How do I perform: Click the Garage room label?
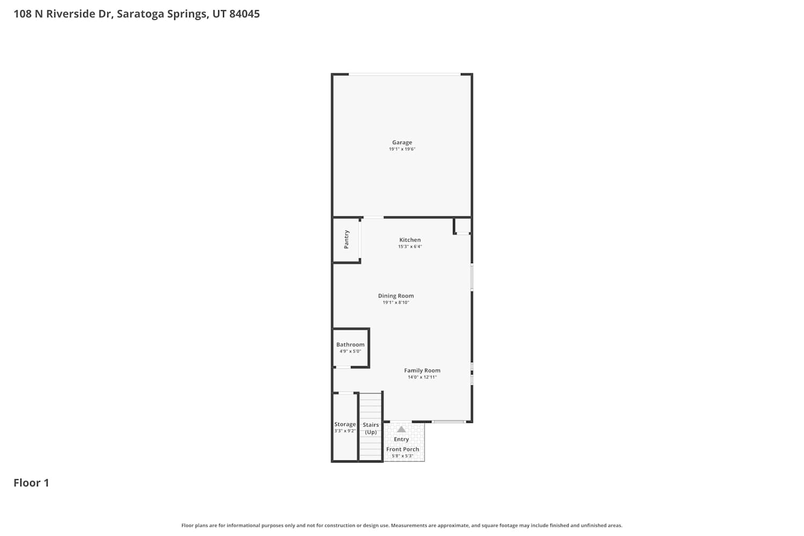[x=402, y=143]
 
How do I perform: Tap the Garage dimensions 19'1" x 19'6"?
[x=402, y=149]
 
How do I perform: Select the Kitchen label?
[x=410, y=240]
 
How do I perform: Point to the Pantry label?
[x=346, y=240]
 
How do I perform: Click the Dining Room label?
[x=396, y=296]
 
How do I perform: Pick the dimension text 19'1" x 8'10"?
[x=396, y=302]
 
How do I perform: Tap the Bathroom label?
[x=351, y=345]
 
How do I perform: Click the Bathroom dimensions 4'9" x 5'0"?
[x=351, y=351]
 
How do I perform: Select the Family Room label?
[x=422, y=370]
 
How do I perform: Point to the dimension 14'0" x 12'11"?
[x=422, y=377]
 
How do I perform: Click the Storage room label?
[x=345, y=425]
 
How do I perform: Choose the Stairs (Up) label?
[x=371, y=428]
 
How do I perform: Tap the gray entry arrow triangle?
[x=401, y=429]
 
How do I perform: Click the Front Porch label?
[x=403, y=449]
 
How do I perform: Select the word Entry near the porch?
[x=401, y=440]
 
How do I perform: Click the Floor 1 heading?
[x=31, y=483]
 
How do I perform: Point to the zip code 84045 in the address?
[x=244, y=13]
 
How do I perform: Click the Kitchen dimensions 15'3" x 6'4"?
[x=410, y=246]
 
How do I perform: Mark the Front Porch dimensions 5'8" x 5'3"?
[x=403, y=456]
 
